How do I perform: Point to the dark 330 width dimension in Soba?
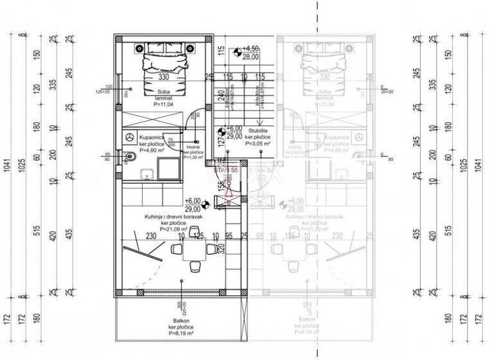pos(163,77)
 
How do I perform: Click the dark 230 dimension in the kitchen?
pos(151,237)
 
